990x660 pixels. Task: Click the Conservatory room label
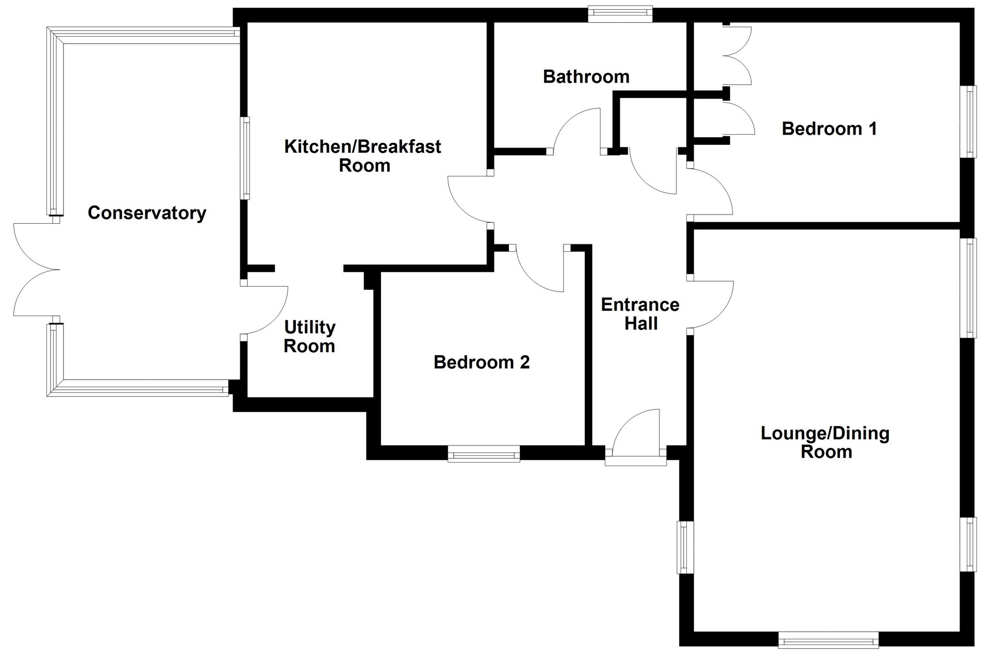(147, 212)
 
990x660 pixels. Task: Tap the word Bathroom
(586, 77)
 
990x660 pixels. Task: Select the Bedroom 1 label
(829, 128)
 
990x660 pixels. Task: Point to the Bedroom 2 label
(482, 362)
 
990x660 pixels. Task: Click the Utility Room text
(309, 336)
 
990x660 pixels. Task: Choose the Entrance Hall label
(640, 314)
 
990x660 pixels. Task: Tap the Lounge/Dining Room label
(825, 442)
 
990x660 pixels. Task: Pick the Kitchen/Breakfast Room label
(363, 156)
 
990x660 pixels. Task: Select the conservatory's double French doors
(36, 270)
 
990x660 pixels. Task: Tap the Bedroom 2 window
(484, 454)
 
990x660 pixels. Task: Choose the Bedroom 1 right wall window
(968, 122)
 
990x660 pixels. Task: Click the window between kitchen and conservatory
(246, 158)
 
